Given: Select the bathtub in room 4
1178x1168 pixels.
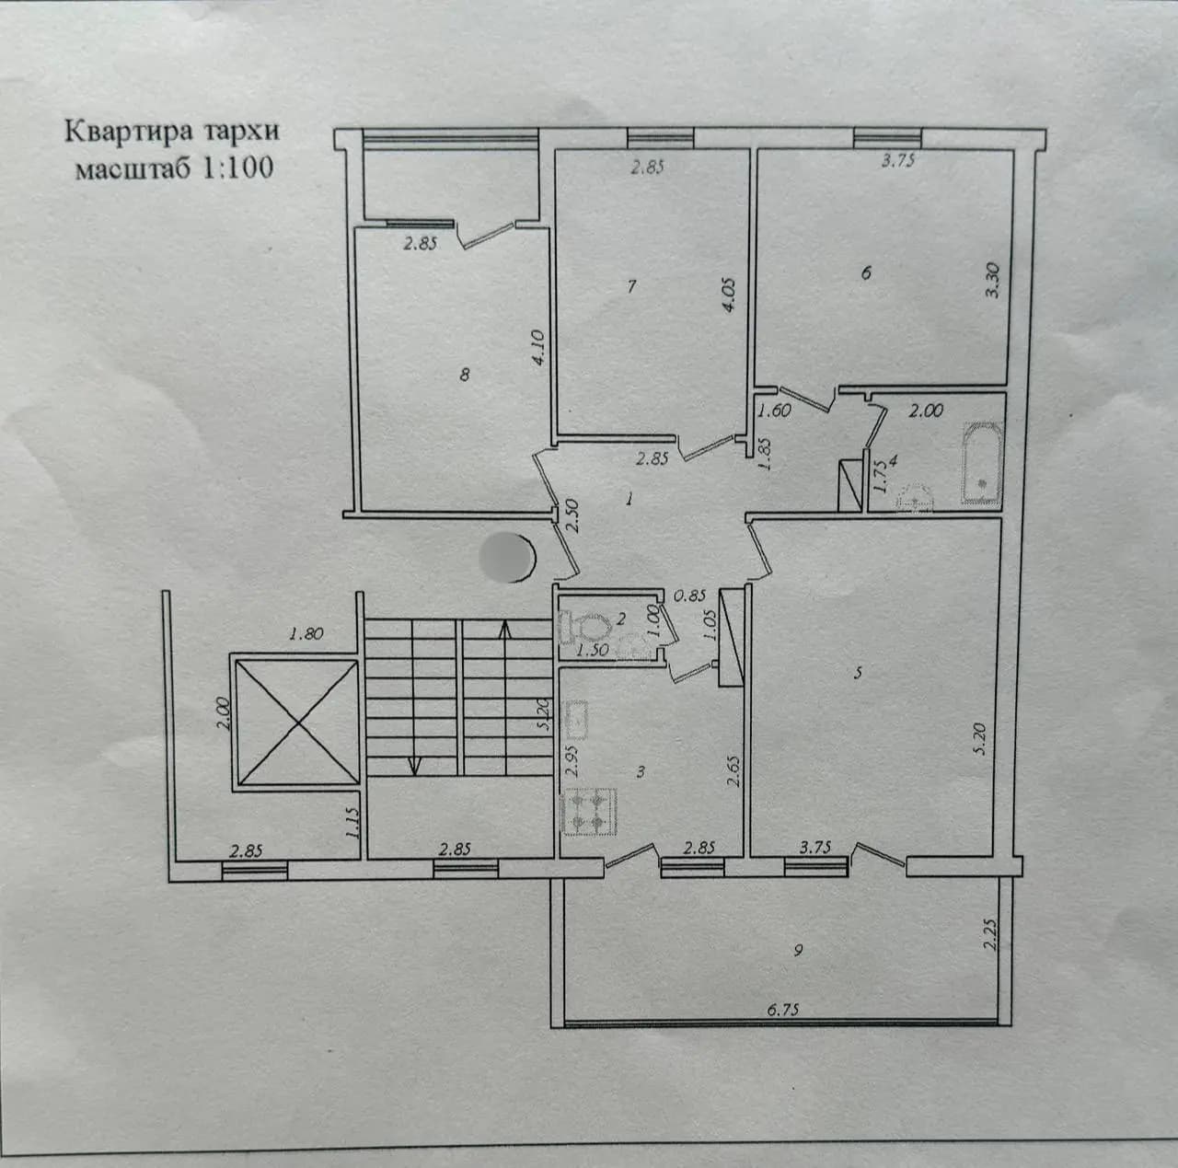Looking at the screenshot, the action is point(982,464).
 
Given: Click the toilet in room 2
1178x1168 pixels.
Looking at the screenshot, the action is point(585,627).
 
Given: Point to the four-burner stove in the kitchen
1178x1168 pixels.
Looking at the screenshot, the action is point(590,812).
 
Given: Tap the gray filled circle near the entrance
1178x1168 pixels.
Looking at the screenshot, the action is point(507,557).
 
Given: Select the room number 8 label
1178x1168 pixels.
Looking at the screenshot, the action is point(465,375).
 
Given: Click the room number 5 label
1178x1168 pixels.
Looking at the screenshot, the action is point(859,673).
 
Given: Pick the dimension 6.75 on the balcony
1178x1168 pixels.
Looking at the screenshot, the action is point(783,1010).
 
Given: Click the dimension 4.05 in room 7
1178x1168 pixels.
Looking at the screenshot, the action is point(729,296).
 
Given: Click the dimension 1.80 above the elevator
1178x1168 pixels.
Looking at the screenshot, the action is point(306,633).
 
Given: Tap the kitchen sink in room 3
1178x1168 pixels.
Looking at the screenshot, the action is point(576,721).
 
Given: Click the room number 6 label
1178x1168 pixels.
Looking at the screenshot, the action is point(866,272).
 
